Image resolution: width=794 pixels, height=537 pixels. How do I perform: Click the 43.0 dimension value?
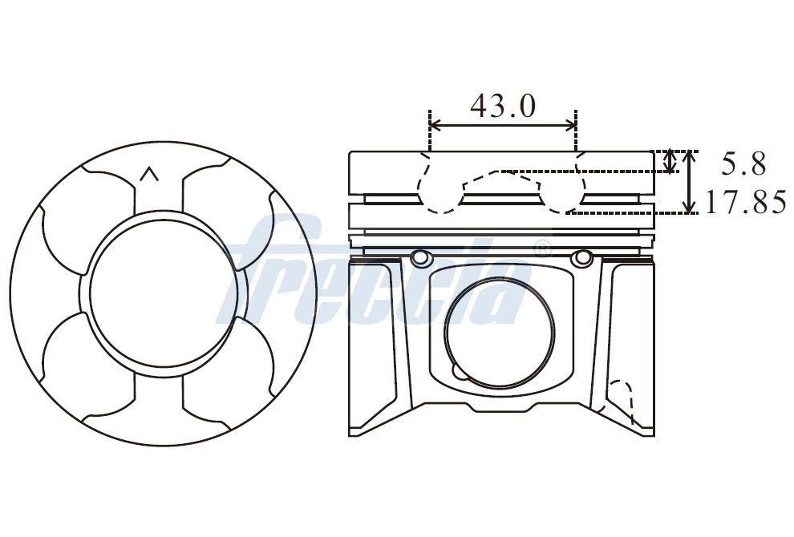(502, 106)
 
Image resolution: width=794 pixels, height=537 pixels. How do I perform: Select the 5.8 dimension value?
(743, 164)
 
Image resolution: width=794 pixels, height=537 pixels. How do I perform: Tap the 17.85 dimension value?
(745, 201)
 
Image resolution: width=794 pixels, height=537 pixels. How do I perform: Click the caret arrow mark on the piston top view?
(149, 174)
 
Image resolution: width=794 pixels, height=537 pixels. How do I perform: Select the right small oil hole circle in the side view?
(581, 258)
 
